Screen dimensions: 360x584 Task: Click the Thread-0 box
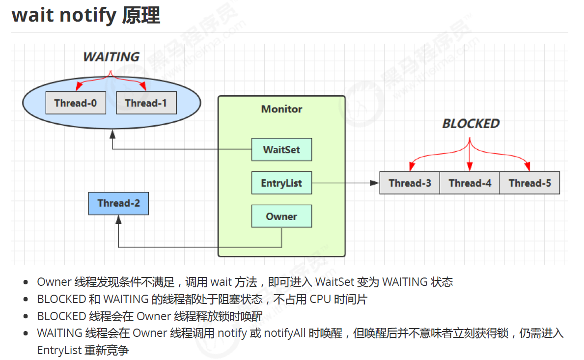76,103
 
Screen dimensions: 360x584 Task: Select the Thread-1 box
146,103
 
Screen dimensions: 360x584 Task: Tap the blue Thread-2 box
118,203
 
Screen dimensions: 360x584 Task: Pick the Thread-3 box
410,183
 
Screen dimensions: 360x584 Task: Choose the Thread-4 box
470,183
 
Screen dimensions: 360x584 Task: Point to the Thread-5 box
529,183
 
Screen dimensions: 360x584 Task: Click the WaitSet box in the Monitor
281,150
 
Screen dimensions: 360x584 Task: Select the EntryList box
281,183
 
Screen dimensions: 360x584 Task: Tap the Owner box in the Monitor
281,217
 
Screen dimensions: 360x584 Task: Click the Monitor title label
281,110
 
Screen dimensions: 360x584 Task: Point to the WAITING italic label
111,57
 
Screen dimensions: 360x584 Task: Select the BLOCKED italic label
471,124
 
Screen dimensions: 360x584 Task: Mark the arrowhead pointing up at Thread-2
118,220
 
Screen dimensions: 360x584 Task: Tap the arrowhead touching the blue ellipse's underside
112,133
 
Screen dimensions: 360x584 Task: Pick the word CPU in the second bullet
320,299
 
